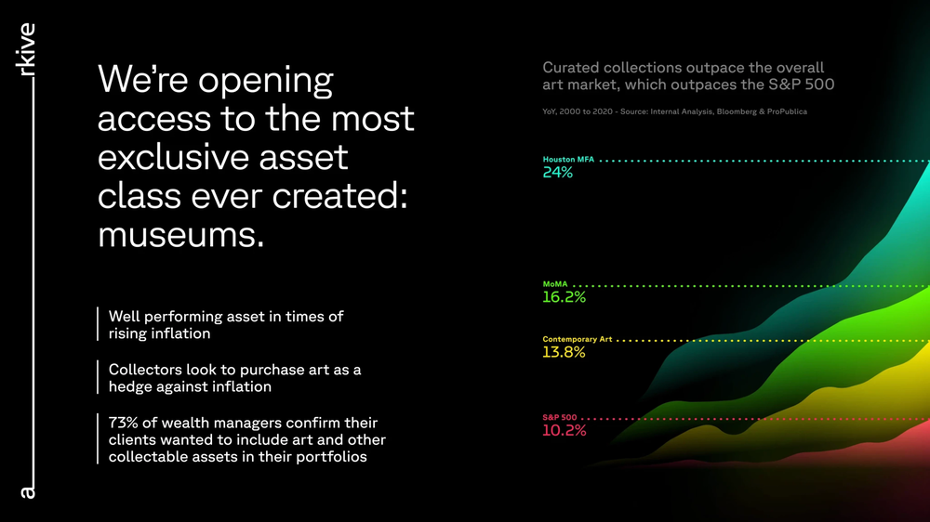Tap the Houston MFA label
tap(568, 160)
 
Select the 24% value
tap(558, 173)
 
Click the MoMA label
tap(555, 284)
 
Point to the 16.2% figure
tap(564, 297)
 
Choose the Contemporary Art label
tap(577, 340)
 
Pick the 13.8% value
tap(564, 353)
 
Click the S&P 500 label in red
tap(559, 418)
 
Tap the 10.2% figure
tap(564, 431)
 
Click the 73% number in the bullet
tap(124, 424)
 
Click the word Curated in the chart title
tap(570, 68)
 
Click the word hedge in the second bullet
tap(131, 386)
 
